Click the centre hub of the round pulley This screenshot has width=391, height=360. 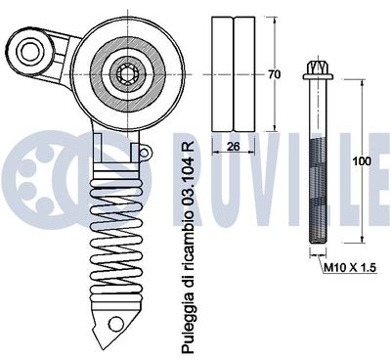click(x=129, y=71)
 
